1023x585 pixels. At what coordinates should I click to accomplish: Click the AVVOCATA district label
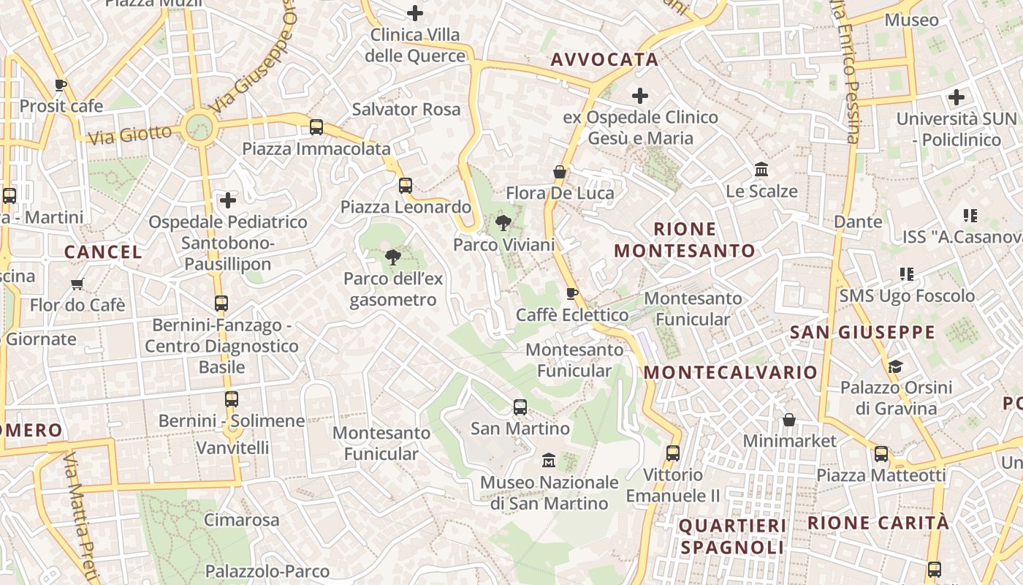pyautogui.click(x=604, y=60)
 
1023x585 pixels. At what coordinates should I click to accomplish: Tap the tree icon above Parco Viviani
pyautogui.click(x=503, y=223)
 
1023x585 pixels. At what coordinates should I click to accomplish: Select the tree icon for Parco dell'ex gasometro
pyautogui.click(x=392, y=257)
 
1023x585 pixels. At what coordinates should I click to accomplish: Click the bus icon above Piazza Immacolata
pyautogui.click(x=316, y=127)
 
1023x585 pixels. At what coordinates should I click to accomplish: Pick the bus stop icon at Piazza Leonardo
pyautogui.click(x=406, y=186)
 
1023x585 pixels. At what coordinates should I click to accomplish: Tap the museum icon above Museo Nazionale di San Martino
pyautogui.click(x=549, y=461)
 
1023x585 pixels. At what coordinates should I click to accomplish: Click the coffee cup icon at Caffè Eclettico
pyautogui.click(x=572, y=294)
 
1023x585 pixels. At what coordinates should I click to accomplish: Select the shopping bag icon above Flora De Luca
pyautogui.click(x=560, y=173)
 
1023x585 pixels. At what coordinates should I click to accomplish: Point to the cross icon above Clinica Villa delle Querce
pyautogui.click(x=415, y=13)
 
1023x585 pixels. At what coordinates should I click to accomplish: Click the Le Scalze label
pyautogui.click(x=761, y=192)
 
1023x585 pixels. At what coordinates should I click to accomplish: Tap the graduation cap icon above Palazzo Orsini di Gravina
pyautogui.click(x=896, y=366)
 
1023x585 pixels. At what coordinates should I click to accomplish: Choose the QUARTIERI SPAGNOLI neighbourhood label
pyautogui.click(x=732, y=536)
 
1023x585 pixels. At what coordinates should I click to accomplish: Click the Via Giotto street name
pyautogui.click(x=129, y=135)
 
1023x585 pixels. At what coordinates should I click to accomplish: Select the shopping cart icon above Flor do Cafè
pyautogui.click(x=77, y=284)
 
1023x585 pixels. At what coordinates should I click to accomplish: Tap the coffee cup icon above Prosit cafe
pyautogui.click(x=61, y=85)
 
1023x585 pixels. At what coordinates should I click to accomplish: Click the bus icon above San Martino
pyautogui.click(x=520, y=407)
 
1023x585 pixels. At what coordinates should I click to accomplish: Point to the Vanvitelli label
pyautogui.click(x=232, y=448)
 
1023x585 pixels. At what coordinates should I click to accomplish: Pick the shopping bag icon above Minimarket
pyautogui.click(x=789, y=420)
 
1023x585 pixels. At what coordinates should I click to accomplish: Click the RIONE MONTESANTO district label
pyautogui.click(x=685, y=240)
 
